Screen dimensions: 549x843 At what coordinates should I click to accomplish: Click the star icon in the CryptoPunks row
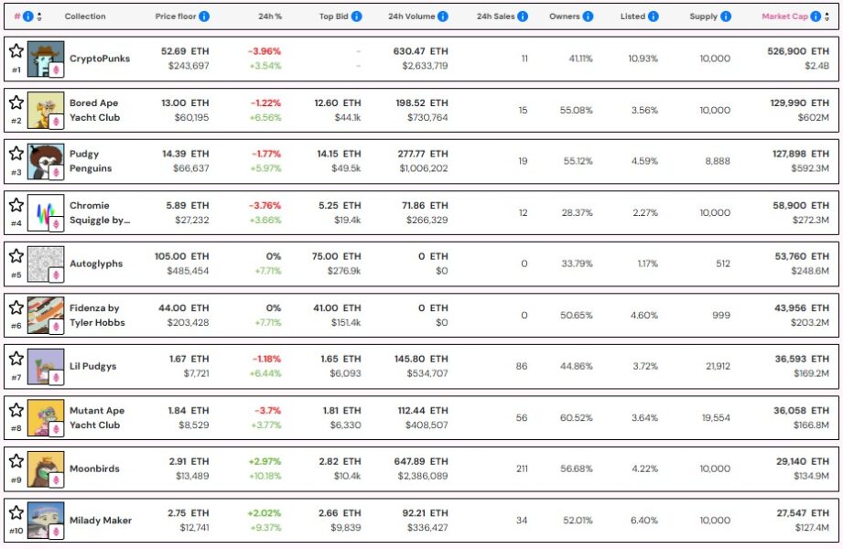(x=16, y=50)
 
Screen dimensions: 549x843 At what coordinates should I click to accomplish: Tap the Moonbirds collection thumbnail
(x=45, y=468)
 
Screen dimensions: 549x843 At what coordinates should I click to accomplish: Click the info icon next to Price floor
(x=204, y=16)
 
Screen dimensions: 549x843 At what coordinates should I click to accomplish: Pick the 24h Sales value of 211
(x=524, y=468)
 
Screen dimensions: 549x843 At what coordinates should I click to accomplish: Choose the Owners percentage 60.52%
(x=577, y=417)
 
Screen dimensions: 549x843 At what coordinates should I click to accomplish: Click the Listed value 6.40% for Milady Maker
(x=643, y=520)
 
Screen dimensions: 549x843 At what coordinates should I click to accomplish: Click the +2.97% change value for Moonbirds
(x=265, y=461)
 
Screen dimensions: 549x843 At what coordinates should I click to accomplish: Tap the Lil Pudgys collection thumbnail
(x=45, y=366)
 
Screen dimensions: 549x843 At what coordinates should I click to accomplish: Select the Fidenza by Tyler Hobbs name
(x=97, y=315)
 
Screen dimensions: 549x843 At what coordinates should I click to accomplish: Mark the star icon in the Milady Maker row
(x=16, y=511)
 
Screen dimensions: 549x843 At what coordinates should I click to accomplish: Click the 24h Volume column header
(x=412, y=16)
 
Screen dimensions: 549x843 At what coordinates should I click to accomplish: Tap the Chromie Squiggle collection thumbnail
(x=45, y=212)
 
